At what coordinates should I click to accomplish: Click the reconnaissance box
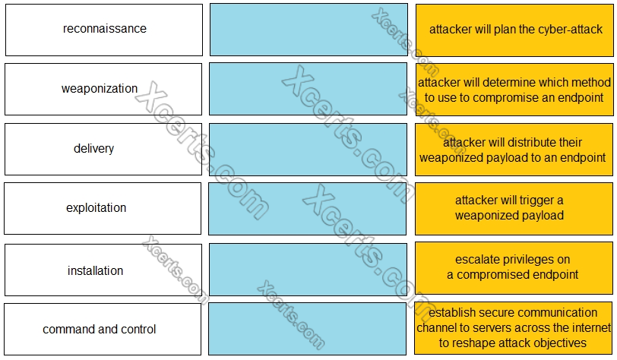[x=104, y=30]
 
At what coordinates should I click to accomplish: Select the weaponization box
[x=103, y=89]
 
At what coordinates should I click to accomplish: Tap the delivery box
[x=103, y=149]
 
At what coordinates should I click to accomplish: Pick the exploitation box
[x=103, y=208]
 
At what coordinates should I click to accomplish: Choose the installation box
[x=103, y=270]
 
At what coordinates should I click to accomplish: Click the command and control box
[x=103, y=330]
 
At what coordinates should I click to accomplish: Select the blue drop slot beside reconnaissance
[x=308, y=30]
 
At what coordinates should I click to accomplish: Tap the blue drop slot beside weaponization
[x=308, y=89]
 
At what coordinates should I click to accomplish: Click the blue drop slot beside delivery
[x=308, y=149]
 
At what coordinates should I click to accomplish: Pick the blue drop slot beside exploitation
[x=308, y=208]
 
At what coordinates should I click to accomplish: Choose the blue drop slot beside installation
[x=308, y=270]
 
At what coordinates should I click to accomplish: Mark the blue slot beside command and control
[x=308, y=330]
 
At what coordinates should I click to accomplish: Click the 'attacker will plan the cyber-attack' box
[x=514, y=30]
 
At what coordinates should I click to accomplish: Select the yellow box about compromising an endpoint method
[x=514, y=89]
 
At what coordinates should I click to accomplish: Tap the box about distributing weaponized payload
[x=514, y=149]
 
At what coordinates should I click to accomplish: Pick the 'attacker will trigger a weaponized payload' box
[x=514, y=208]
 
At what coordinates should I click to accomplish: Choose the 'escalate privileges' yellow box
[x=514, y=267]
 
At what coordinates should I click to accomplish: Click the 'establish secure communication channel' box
[x=514, y=327]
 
